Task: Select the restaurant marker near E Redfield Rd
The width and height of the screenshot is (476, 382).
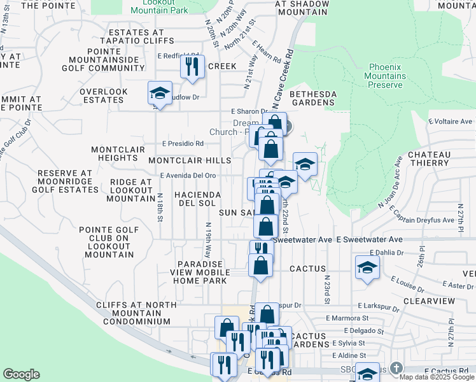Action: tap(192, 66)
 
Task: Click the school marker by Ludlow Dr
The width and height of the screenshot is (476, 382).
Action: tap(160, 94)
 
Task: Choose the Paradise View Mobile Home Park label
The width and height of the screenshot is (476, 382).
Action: tap(200, 272)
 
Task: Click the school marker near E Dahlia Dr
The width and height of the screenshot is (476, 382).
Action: tap(367, 268)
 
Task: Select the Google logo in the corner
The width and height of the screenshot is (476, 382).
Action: tap(21, 374)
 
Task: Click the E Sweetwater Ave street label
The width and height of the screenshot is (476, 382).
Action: tap(369, 239)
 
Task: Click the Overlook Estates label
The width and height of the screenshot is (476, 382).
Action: tap(104, 96)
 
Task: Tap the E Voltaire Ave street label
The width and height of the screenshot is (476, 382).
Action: tap(451, 121)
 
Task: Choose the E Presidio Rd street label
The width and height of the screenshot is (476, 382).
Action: tap(182, 143)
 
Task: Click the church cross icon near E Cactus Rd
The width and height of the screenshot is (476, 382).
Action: tap(396, 368)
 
